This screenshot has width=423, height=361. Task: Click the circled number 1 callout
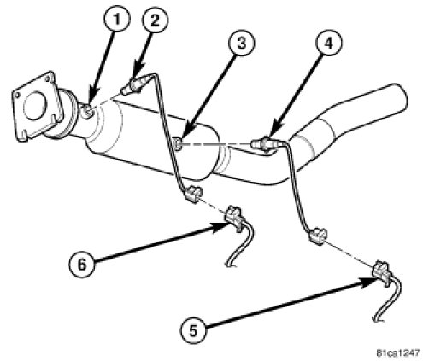pyautogui.click(x=116, y=19)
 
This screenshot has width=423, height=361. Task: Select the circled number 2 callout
pyautogui.click(x=155, y=20)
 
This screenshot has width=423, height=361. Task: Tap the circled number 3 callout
pyautogui.click(x=241, y=44)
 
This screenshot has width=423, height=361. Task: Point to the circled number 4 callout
pyautogui.click(x=328, y=44)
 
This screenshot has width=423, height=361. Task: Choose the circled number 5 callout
pyautogui.click(x=193, y=330)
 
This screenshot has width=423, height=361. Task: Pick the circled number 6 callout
pyautogui.click(x=82, y=265)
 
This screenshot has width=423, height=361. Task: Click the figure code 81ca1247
pyautogui.click(x=398, y=353)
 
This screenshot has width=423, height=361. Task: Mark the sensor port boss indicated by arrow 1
pyautogui.click(x=87, y=111)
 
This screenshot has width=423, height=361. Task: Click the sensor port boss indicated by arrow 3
pyautogui.click(x=179, y=144)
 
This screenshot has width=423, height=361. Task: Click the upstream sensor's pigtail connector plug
pyautogui.click(x=192, y=194)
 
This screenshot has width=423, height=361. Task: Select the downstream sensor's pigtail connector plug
pyautogui.click(x=318, y=236)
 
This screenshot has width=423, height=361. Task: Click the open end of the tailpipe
pyautogui.click(x=400, y=98)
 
